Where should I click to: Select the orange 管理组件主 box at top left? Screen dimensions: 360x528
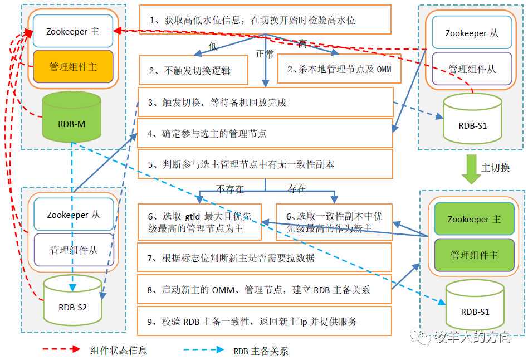click(x=73, y=67)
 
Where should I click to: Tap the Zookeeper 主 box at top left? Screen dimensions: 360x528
click(x=73, y=32)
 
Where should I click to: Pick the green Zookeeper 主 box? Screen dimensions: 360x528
click(x=473, y=219)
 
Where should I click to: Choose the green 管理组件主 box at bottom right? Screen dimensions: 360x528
click(x=473, y=255)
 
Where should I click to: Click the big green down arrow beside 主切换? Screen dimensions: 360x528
click(x=473, y=169)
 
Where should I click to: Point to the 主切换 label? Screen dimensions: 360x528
click(x=496, y=167)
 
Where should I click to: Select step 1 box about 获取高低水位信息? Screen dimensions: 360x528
click(x=265, y=20)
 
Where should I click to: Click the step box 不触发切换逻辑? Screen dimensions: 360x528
click(x=193, y=70)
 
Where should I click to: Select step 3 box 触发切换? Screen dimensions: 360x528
click(x=265, y=102)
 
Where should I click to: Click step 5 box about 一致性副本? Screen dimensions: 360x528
click(x=265, y=164)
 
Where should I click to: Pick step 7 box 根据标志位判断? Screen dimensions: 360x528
click(x=265, y=258)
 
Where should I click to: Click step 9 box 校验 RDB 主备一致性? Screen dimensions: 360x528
click(x=265, y=321)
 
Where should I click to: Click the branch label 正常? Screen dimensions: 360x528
click(x=265, y=55)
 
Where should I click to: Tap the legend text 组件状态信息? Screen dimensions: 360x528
click(x=118, y=350)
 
